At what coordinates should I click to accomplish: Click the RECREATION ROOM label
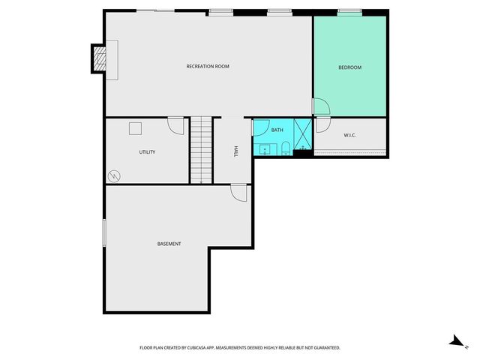tap(208, 67)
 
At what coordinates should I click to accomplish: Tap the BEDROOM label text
tap(349, 67)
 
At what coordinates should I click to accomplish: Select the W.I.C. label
tap(349, 136)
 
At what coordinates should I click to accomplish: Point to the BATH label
tap(277, 130)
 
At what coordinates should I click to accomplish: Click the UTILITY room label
tap(147, 152)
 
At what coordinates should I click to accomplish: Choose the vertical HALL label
tap(235, 151)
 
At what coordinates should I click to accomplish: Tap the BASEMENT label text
tap(169, 244)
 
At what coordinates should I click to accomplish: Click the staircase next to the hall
tap(200, 150)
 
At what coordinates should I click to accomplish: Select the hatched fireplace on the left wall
tap(99, 58)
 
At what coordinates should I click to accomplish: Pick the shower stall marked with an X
tap(302, 135)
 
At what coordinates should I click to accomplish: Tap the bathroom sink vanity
tap(265, 148)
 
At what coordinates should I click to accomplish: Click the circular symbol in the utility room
tap(114, 176)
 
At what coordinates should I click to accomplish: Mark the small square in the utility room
tap(135, 128)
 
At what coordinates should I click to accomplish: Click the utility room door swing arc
tap(176, 125)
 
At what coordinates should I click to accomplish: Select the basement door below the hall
tap(238, 193)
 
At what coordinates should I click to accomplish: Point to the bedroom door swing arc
tap(320, 107)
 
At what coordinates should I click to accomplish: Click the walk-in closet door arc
tap(323, 125)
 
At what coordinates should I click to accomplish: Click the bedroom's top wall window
tap(349, 11)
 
